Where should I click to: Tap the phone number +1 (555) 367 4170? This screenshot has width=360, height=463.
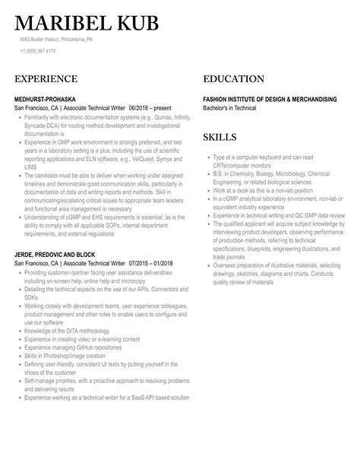click(37, 51)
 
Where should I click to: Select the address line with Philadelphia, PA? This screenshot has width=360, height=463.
click(57, 40)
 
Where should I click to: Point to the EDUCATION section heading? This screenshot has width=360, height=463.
click(233, 79)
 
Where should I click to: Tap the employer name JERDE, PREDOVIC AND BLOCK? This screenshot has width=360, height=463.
click(59, 254)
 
